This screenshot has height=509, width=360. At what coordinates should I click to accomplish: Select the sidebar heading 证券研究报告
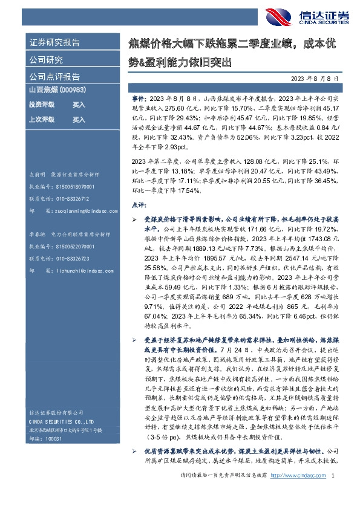point(54,43)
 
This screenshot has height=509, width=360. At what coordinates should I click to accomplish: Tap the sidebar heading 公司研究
point(46,60)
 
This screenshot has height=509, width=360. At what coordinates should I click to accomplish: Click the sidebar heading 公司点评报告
point(54,77)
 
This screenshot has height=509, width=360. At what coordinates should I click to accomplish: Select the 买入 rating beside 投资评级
point(79,105)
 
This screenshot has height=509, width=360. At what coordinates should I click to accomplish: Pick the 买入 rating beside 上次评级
point(79,120)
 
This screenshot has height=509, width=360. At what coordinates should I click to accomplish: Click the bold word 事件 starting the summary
point(139,97)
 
